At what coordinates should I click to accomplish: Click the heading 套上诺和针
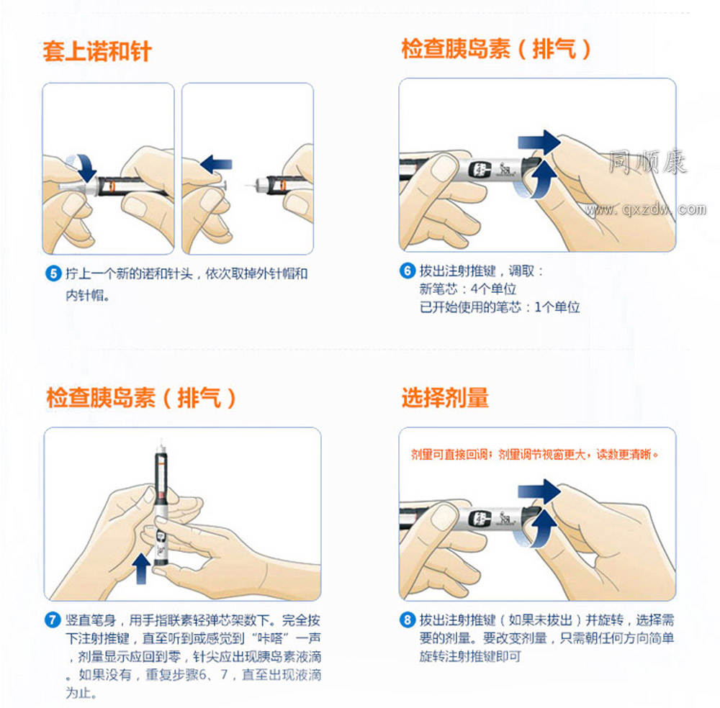tap(97, 51)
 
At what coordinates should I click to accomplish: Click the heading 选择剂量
tap(445, 397)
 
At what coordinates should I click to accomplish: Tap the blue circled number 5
tap(53, 274)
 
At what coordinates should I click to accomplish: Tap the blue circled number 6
tap(408, 271)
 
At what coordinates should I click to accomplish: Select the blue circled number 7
tap(53, 620)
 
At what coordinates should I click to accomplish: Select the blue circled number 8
tap(408, 620)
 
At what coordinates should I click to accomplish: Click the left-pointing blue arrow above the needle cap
tap(216, 164)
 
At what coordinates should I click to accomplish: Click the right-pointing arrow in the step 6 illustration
tap(539, 142)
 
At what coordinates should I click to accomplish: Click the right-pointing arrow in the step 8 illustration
tap(539, 491)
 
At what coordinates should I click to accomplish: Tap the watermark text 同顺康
tap(647, 162)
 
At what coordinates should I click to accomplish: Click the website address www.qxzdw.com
tap(645, 209)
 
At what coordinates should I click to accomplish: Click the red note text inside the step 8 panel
tap(534, 455)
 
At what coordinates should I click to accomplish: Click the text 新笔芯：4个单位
tap(467, 289)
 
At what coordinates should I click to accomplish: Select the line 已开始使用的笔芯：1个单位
tap(500, 307)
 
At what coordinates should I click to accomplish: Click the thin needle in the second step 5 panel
tap(248, 186)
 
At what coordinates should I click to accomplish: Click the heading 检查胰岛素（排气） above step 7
tap(141, 397)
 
